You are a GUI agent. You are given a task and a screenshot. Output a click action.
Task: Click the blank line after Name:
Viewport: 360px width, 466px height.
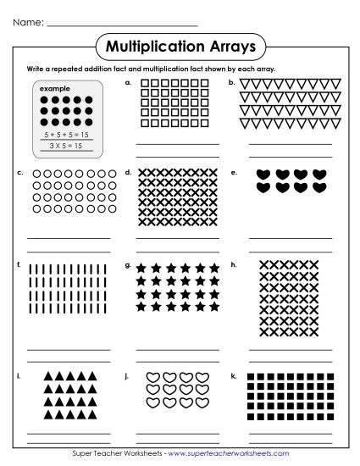click(x=122, y=25)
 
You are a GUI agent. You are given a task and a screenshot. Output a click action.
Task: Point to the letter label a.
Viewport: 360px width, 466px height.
click(x=128, y=83)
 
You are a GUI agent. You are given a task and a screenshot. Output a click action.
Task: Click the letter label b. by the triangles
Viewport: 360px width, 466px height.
click(x=231, y=83)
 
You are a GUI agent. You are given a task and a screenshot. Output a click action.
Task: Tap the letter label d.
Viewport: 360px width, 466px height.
click(x=128, y=172)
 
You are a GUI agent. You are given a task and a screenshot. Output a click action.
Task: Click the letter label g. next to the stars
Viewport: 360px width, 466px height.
click(x=128, y=264)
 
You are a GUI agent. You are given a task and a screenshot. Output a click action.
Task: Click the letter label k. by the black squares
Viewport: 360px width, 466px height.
click(x=232, y=373)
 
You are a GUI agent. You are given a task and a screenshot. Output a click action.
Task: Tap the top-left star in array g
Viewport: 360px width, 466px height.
click(x=141, y=268)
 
